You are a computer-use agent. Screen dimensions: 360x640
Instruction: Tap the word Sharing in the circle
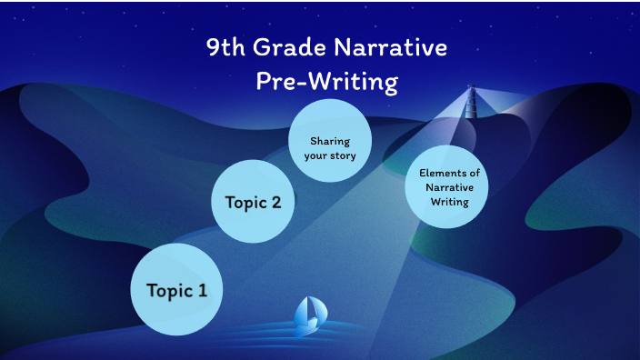pos(330,141)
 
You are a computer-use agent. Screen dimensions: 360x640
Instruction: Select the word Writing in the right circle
pos(450,201)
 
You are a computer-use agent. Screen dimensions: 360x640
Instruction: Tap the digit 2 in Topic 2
pos(275,202)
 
